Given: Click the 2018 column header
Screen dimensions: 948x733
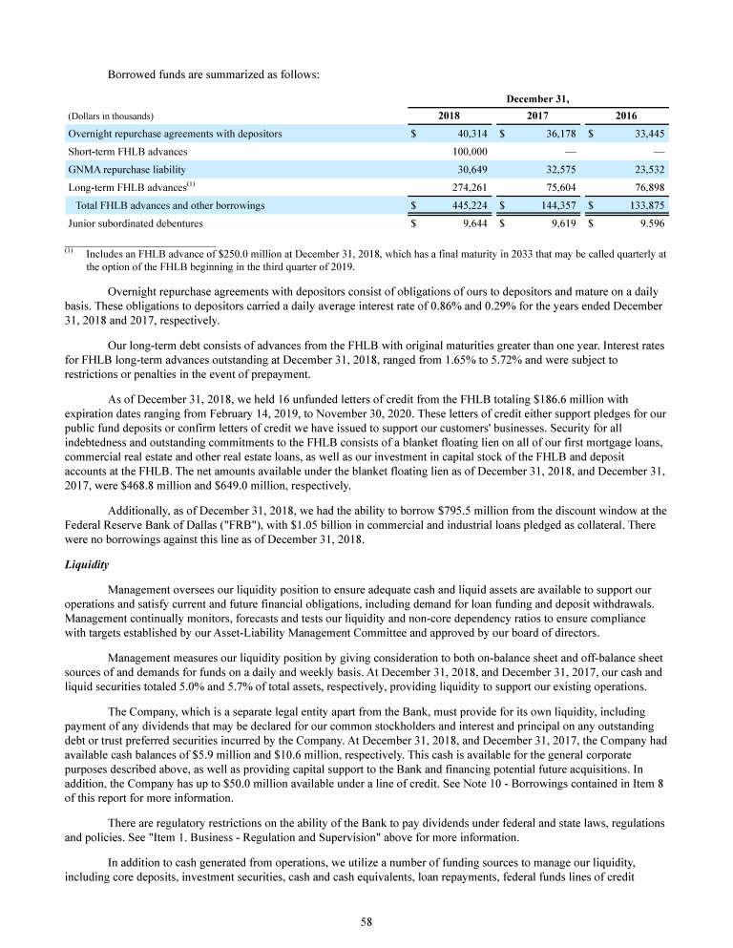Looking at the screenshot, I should [x=449, y=116].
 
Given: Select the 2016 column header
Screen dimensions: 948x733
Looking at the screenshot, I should [x=625, y=116].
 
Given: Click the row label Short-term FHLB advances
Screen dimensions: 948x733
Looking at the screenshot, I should [x=127, y=152].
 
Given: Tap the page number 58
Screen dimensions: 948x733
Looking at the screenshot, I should [x=366, y=921].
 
